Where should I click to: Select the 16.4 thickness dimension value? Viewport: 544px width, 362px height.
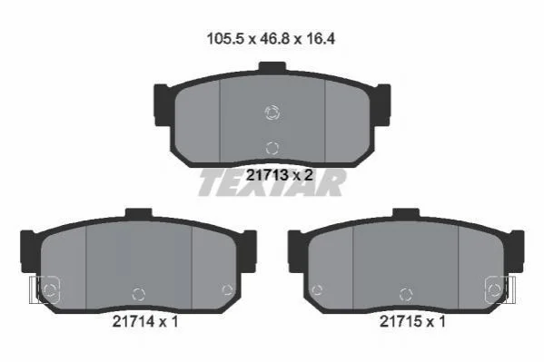pos(321,38)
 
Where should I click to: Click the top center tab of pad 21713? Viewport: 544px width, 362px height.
pos(272,66)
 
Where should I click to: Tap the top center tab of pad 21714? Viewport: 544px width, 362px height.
pos(139,213)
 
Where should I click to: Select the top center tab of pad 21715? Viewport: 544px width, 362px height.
pos(406,213)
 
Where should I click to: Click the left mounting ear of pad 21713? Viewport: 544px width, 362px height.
pos(163,104)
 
